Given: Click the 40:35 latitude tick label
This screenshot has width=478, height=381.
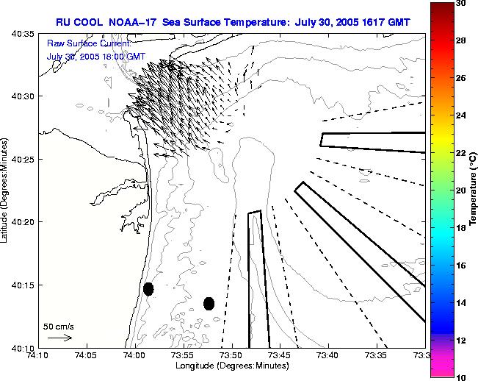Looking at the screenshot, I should click(x=24, y=34).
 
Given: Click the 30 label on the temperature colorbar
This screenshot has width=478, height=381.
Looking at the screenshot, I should click(x=462, y=4).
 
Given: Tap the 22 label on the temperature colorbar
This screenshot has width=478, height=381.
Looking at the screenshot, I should click(x=462, y=153).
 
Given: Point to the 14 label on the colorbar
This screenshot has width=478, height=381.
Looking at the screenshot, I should click(x=462, y=303).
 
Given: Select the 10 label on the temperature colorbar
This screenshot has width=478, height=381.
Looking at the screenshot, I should click(x=462, y=377).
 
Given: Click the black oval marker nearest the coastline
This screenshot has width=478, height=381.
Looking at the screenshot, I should click(x=148, y=289).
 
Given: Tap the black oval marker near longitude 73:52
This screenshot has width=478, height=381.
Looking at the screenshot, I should click(x=209, y=303).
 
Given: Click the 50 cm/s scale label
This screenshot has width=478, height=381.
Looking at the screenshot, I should click(x=59, y=326).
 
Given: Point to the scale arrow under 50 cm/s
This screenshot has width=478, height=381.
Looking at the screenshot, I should click(x=59, y=338).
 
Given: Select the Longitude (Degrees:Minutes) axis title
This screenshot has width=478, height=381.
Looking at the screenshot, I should click(x=231, y=366).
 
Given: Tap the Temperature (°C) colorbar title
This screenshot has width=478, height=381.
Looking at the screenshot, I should click(x=474, y=190).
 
